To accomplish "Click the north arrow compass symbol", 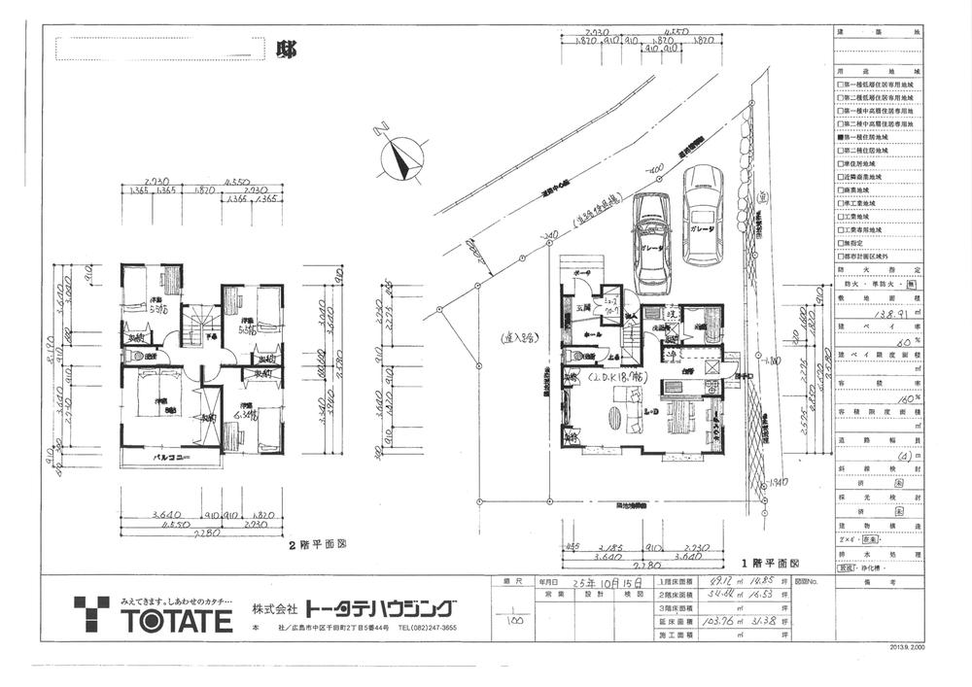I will tap(400, 156).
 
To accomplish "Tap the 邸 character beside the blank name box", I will tap(286, 47).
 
